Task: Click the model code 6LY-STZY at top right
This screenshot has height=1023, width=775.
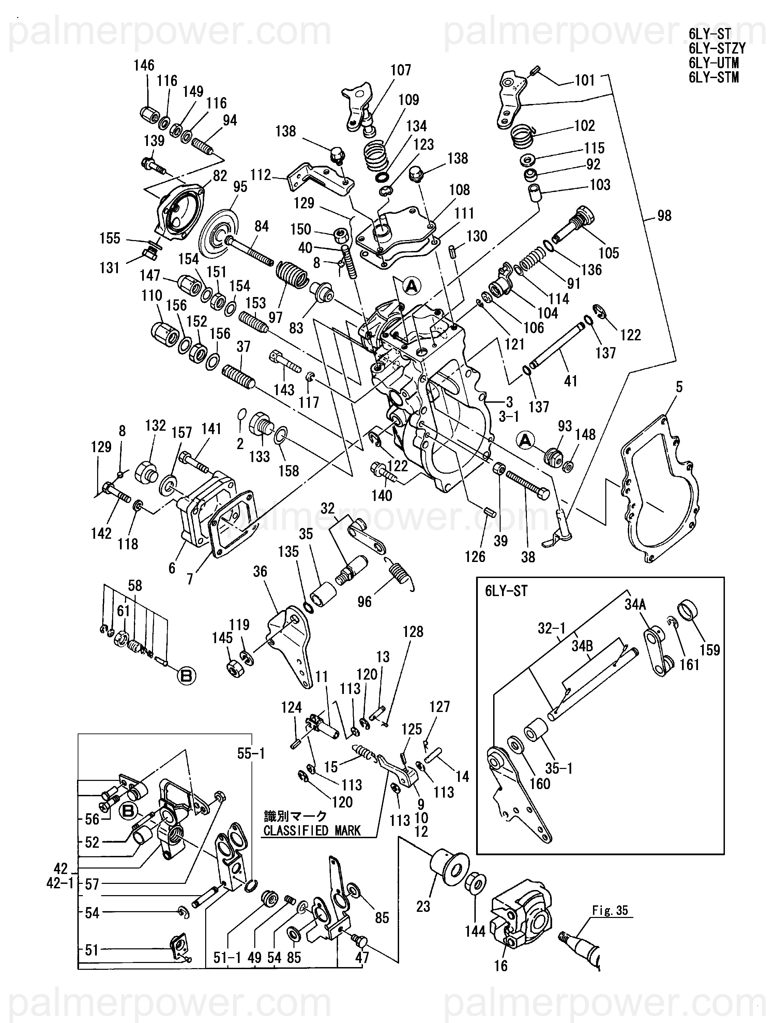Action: click(717, 48)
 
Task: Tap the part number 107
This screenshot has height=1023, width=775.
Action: click(401, 70)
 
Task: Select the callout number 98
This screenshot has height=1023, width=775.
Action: click(664, 216)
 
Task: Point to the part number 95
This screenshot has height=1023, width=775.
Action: click(240, 187)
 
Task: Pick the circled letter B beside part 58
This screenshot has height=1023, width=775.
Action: click(186, 676)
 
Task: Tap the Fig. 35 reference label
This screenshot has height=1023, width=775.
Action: click(610, 910)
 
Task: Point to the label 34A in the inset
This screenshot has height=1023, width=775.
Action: click(635, 605)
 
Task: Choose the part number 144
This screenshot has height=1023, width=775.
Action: click(475, 931)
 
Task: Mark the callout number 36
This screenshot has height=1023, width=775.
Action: click(260, 571)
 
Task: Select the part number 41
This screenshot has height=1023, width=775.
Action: click(571, 381)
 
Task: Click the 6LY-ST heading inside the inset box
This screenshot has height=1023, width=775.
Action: click(506, 591)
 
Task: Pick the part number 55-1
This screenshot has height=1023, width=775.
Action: click(251, 754)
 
